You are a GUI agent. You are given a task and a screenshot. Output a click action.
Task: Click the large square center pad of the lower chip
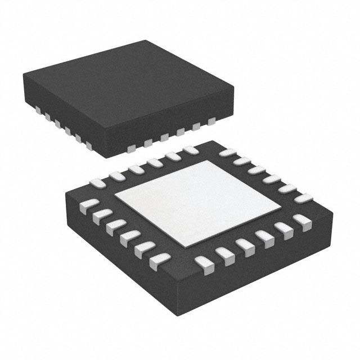tap(197, 202)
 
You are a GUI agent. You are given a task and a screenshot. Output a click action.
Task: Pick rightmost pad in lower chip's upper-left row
tap(189, 150)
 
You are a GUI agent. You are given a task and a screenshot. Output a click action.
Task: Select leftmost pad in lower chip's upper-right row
tap(226, 152)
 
